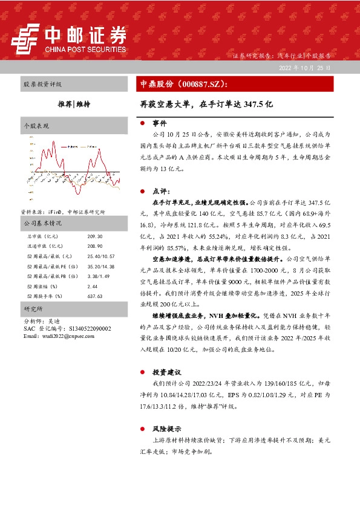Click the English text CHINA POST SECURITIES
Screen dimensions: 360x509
(85, 50)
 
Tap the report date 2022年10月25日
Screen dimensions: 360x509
(304, 68)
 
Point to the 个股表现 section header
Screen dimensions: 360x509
(36, 126)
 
